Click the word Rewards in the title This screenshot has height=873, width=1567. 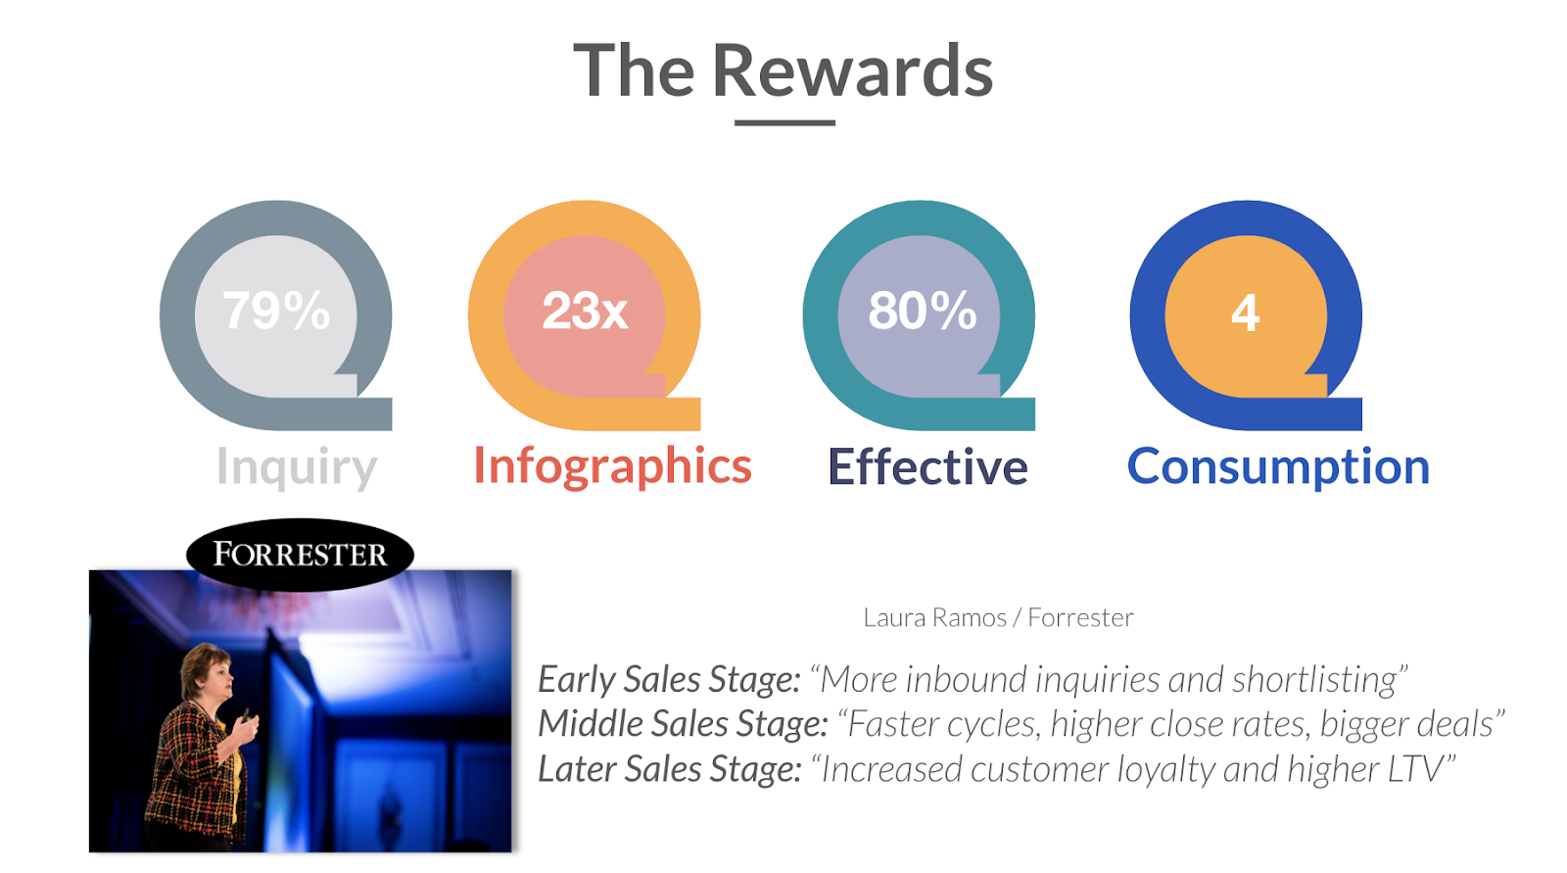(853, 71)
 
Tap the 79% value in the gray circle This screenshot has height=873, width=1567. (276, 311)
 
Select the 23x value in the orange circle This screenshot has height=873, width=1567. (585, 311)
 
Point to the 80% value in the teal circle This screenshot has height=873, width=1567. (922, 311)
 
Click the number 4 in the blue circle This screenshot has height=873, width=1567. (1245, 313)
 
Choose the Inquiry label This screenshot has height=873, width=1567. (297, 467)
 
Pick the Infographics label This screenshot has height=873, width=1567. (613, 467)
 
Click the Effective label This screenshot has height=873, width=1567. (927, 466)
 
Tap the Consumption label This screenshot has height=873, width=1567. (1278, 467)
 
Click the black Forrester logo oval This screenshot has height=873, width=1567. (300, 555)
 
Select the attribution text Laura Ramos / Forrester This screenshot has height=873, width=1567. (998, 617)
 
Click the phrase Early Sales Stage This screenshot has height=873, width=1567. (670, 679)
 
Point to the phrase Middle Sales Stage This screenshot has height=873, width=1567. (684, 724)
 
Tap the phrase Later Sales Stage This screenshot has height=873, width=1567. (670, 769)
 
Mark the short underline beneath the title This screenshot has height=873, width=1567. (784, 123)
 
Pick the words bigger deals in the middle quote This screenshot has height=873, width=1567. (1406, 724)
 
